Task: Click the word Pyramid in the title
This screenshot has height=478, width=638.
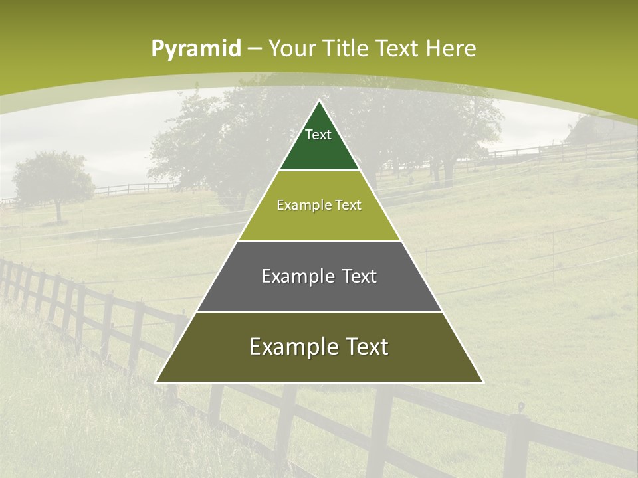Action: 195,49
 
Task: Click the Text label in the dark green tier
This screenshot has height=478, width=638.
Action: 318,135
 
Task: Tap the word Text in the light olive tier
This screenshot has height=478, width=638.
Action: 348,206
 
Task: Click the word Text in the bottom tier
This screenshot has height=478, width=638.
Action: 365,347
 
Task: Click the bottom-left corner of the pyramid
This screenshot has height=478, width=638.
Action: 156,382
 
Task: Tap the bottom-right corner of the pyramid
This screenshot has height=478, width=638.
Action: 482,382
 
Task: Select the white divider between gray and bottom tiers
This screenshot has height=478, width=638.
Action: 319,311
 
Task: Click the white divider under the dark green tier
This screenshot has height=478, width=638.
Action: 319,171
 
